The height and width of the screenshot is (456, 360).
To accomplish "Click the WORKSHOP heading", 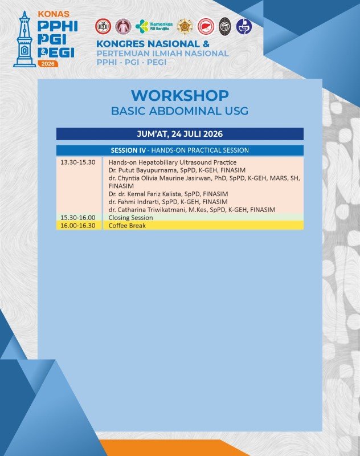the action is pyautogui.click(x=180, y=95).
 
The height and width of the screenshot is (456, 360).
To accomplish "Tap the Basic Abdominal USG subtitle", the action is pyautogui.click(x=180, y=111).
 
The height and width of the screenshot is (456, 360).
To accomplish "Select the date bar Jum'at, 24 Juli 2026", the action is pyautogui.click(x=180, y=134).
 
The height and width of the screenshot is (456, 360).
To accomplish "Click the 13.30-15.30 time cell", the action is pyautogui.click(x=78, y=162).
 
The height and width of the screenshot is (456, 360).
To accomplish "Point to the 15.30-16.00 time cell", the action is pyautogui.click(x=78, y=218).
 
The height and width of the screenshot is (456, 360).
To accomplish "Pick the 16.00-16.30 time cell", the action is pyautogui.click(x=78, y=225).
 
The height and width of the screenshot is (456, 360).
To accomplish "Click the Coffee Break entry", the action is pyautogui.click(x=127, y=225).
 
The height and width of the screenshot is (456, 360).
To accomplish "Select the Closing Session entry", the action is pyautogui.click(x=131, y=218).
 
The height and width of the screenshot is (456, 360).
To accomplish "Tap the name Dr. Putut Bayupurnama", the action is pyautogui.click(x=142, y=170).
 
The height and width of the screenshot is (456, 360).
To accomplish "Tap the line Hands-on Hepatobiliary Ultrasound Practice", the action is pyautogui.click(x=173, y=162).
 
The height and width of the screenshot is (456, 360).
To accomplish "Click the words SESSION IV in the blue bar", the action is pyautogui.click(x=128, y=150).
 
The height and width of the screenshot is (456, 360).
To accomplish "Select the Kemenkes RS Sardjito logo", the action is pyautogui.click(x=154, y=26).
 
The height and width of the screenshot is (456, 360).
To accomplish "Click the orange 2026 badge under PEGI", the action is pyautogui.click(x=48, y=64).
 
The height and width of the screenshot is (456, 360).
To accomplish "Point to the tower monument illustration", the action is pyautogui.click(x=24, y=39).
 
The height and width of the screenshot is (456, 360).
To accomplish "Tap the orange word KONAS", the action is pyautogui.click(x=54, y=14).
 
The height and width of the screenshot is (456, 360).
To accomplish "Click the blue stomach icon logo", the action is pyautogui.click(x=244, y=26).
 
